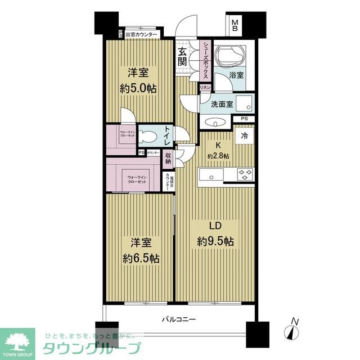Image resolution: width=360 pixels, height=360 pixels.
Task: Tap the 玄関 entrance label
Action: (183, 57)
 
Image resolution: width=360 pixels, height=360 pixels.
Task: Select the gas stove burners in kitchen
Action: (245, 174)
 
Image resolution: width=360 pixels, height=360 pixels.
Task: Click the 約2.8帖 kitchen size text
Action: (218, 156)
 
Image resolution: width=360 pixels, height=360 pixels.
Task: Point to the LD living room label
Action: (214, 226)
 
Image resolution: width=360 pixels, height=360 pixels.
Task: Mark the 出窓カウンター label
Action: (141, 34)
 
